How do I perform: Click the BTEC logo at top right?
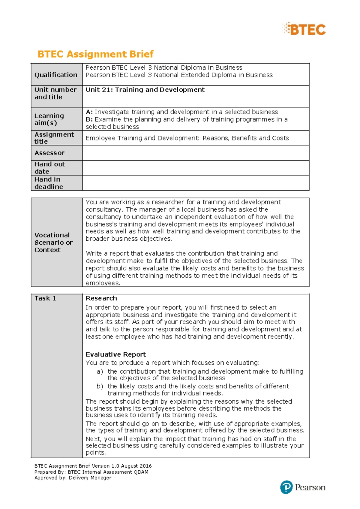click(304, 29)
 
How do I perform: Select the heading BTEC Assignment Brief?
click(95, 54)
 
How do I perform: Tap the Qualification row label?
click(56, 75)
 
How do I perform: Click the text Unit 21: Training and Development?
click(145, 90)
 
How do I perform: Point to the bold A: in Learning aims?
click(89, 112)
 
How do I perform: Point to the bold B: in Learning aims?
click(89, 119)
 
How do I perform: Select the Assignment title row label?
click(54, 138)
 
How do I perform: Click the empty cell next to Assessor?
click(196, 153)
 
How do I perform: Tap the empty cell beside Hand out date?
click(196, 168)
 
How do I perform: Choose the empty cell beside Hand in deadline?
click(196, 183)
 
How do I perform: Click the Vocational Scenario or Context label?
click(53, 242)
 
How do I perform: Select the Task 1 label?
click(45, 298)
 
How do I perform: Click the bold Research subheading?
click(101, 298)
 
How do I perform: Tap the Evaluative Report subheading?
click(115, 354)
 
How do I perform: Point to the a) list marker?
click(100, 372)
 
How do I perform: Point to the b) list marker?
click(100, 386)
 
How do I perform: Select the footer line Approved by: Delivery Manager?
click(73, 477)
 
